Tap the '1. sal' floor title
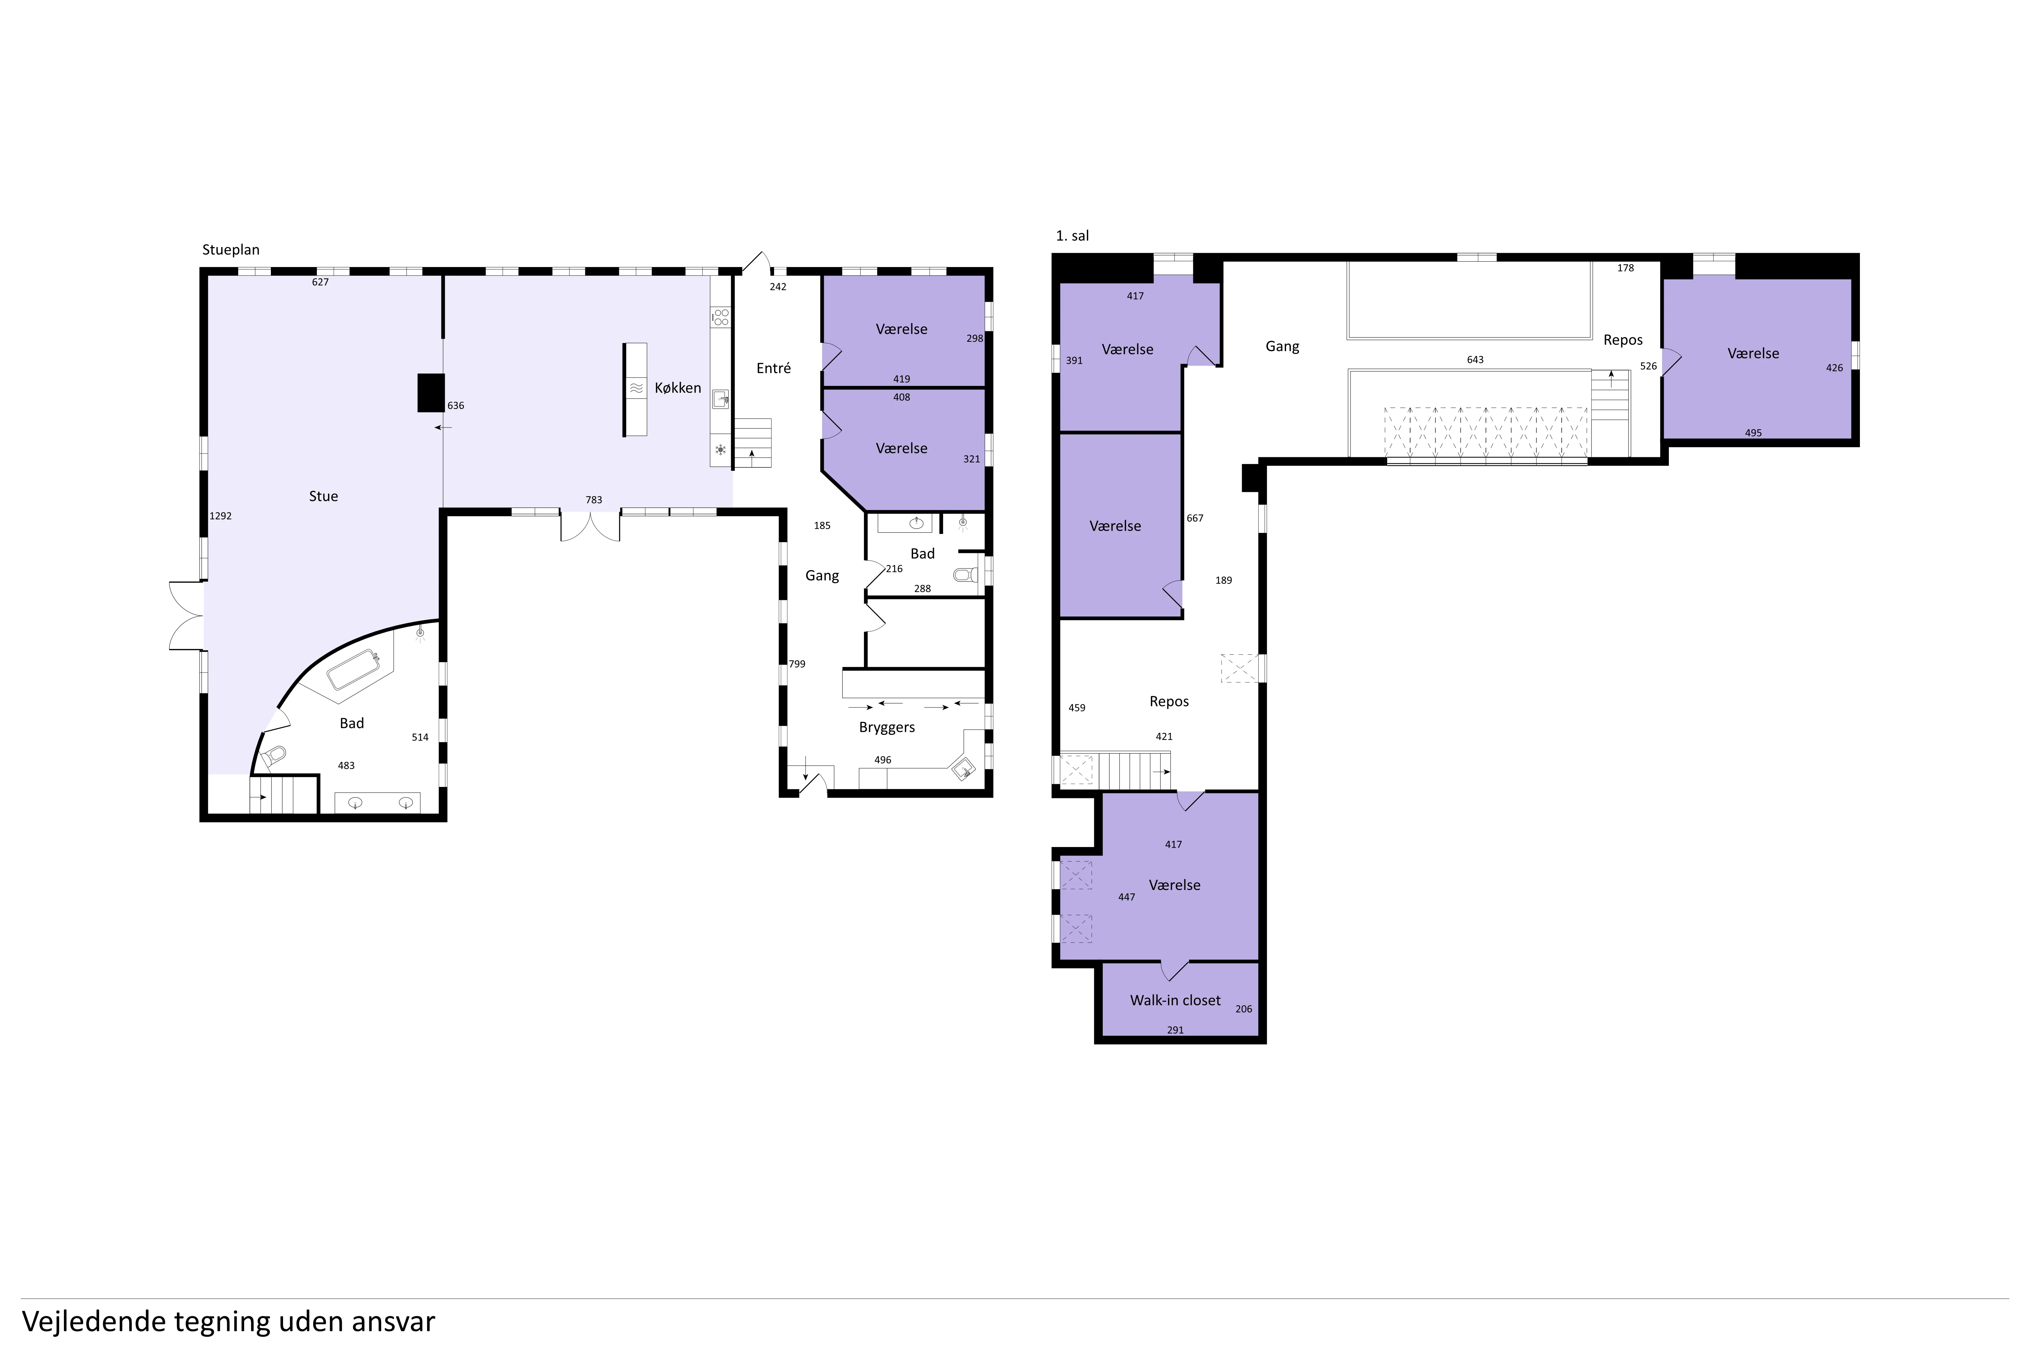(x=1072, y=235)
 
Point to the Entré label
(x=774, y=368)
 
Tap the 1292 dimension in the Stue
(x=221, y=516)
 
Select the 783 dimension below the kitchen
(x=593, y=500)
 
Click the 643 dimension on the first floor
(x=1475, y=360)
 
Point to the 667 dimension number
(x=1195, y=518)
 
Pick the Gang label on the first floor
(x=1282, y=347)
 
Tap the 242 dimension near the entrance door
(x=778, y=287)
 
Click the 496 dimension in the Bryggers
(x=883, y=759)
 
